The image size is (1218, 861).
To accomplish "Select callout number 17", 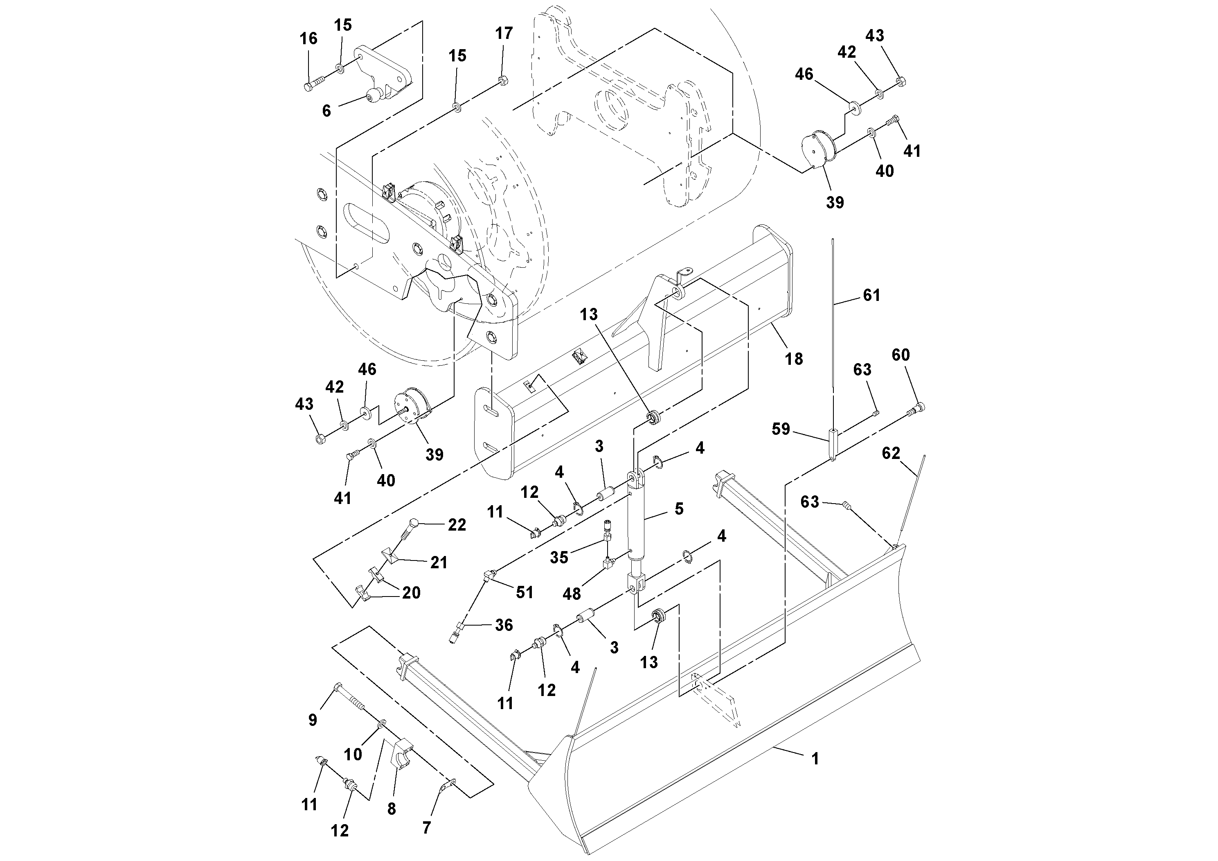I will coord(504,34).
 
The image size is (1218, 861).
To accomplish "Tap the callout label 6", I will coord(326,111).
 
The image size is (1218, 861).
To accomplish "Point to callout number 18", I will coord(794,359).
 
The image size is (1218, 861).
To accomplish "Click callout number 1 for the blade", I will coord(815,759).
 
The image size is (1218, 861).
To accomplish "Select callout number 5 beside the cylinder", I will coord(679,509).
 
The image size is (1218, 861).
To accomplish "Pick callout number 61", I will coord(871,295).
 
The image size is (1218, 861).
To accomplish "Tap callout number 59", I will coord(781,429).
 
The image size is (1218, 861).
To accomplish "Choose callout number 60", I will coord(901,355).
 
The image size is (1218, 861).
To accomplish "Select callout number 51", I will coord(524,592).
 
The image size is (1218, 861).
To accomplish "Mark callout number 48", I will coord(571,594).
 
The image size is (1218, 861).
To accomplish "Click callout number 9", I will coord(313,720).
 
